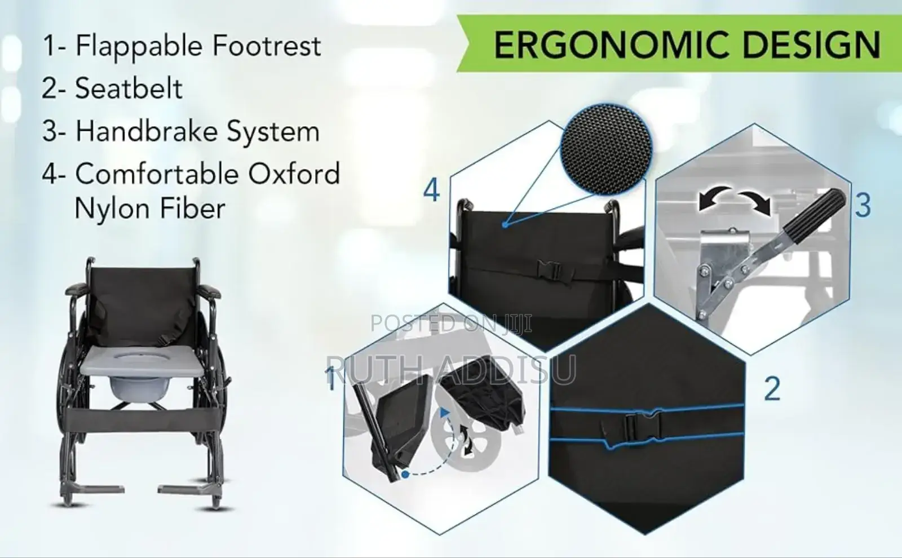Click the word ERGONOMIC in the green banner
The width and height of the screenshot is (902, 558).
612,45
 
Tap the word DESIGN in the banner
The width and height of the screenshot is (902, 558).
811,45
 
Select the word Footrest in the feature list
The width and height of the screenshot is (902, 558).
267,46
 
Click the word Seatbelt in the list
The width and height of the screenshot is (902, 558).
129,88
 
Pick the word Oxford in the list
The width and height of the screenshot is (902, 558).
294,174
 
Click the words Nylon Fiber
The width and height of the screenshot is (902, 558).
150,209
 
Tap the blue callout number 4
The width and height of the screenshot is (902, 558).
431,191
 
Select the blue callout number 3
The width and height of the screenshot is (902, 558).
863,206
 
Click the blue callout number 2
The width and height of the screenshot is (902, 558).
772,389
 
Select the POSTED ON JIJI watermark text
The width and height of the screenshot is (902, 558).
451,324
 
